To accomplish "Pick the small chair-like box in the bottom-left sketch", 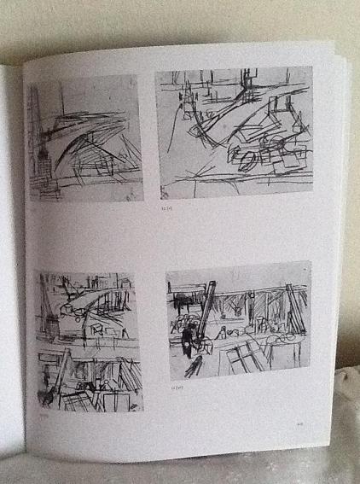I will (101, 325).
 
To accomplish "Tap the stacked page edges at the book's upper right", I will (340, 77).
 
